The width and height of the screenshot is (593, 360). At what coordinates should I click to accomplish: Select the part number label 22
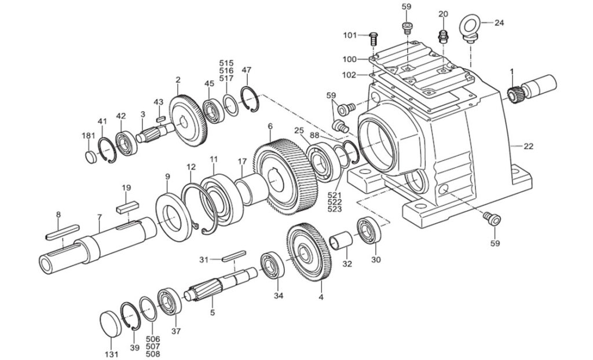coord(528,146)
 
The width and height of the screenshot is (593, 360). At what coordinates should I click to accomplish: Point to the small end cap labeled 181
coord(90,157)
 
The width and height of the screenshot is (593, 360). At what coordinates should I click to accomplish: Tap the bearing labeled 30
coord(368,230)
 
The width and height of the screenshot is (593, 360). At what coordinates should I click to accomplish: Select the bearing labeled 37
coord(171,301)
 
